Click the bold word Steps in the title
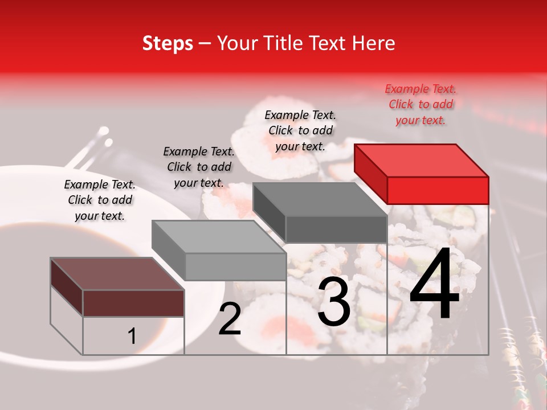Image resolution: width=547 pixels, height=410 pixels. click(x=168, y=43)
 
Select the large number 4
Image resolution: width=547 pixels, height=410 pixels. click(x=434, y=285)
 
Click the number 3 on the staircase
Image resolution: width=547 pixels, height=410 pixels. click(x=333, y=303)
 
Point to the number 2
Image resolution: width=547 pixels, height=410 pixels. click(x=230, y=319)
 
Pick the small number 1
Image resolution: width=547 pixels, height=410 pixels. click(x=132, y=337)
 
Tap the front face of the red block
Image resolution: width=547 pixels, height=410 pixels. click(x=438, y=190)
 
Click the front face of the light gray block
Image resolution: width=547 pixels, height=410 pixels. click(x=235, y=266)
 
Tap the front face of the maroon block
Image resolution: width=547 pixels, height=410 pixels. click(x=133, y=303)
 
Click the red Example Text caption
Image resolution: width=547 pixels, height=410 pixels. click(x=421, y=104)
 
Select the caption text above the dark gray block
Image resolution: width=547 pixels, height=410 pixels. click(x=300, y=130)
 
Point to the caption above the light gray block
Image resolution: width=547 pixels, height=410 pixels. click(x=199, y=167)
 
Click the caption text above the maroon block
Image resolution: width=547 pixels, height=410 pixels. click(x=100, y=200)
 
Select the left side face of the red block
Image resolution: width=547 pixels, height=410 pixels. click(x=370, y=174)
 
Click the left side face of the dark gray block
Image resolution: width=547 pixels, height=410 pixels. click(x=269, y=211)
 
